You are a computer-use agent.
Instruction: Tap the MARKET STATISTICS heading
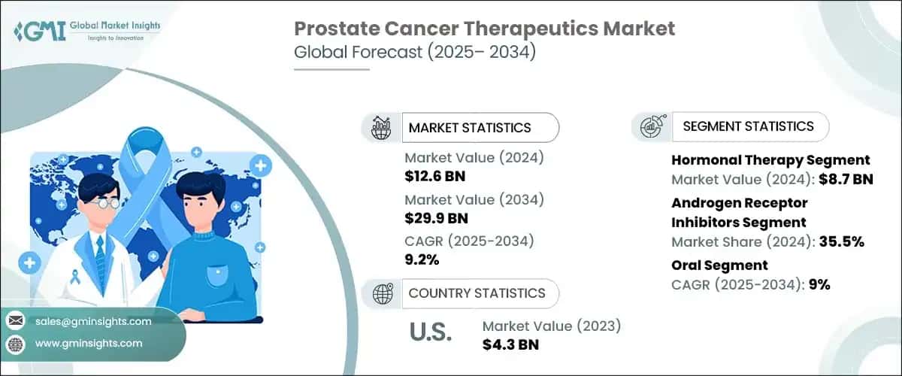tap(469, 128)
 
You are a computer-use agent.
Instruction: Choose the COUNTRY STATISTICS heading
tap(477, 293)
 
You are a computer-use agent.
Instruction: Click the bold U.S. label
tap(430, 334)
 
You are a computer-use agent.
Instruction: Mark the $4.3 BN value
tap(510, 344)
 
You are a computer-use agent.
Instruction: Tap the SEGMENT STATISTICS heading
tap(748, 126)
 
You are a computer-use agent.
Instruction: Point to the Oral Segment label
tap(719, 265)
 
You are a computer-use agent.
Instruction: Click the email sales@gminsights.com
tap(93, 321)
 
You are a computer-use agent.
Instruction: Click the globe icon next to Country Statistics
tap(383, 293)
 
